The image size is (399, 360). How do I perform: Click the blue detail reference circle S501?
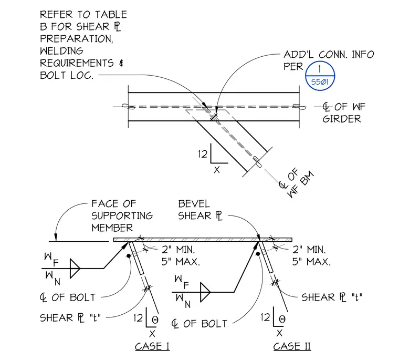(320, 76)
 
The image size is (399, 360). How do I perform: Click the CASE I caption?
(152, 346)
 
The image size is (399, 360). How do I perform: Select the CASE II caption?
(292, 346)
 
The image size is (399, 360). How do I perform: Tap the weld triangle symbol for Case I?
(75, 268)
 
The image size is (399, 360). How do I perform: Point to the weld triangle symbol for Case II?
(205, 292)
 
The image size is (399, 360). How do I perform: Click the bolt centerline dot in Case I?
(129, 255)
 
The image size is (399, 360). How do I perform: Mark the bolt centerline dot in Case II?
(258, 254)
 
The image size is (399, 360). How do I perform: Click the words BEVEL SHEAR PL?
(200, 210)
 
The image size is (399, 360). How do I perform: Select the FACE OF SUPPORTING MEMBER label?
(122, 215)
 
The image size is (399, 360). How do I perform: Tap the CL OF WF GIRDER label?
(344, 112)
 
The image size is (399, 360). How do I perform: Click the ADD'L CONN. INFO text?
(329, 54)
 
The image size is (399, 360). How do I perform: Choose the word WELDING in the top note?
(61, 50)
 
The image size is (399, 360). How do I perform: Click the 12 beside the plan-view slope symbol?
(203, 154)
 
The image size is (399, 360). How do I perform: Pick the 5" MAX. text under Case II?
(311, 262)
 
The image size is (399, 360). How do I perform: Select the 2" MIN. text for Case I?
(178, 250)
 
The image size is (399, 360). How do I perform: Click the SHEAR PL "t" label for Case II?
(332, 297)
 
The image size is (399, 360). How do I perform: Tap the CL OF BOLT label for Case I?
(68, 297)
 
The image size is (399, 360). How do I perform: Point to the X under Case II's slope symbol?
(279, 333)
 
